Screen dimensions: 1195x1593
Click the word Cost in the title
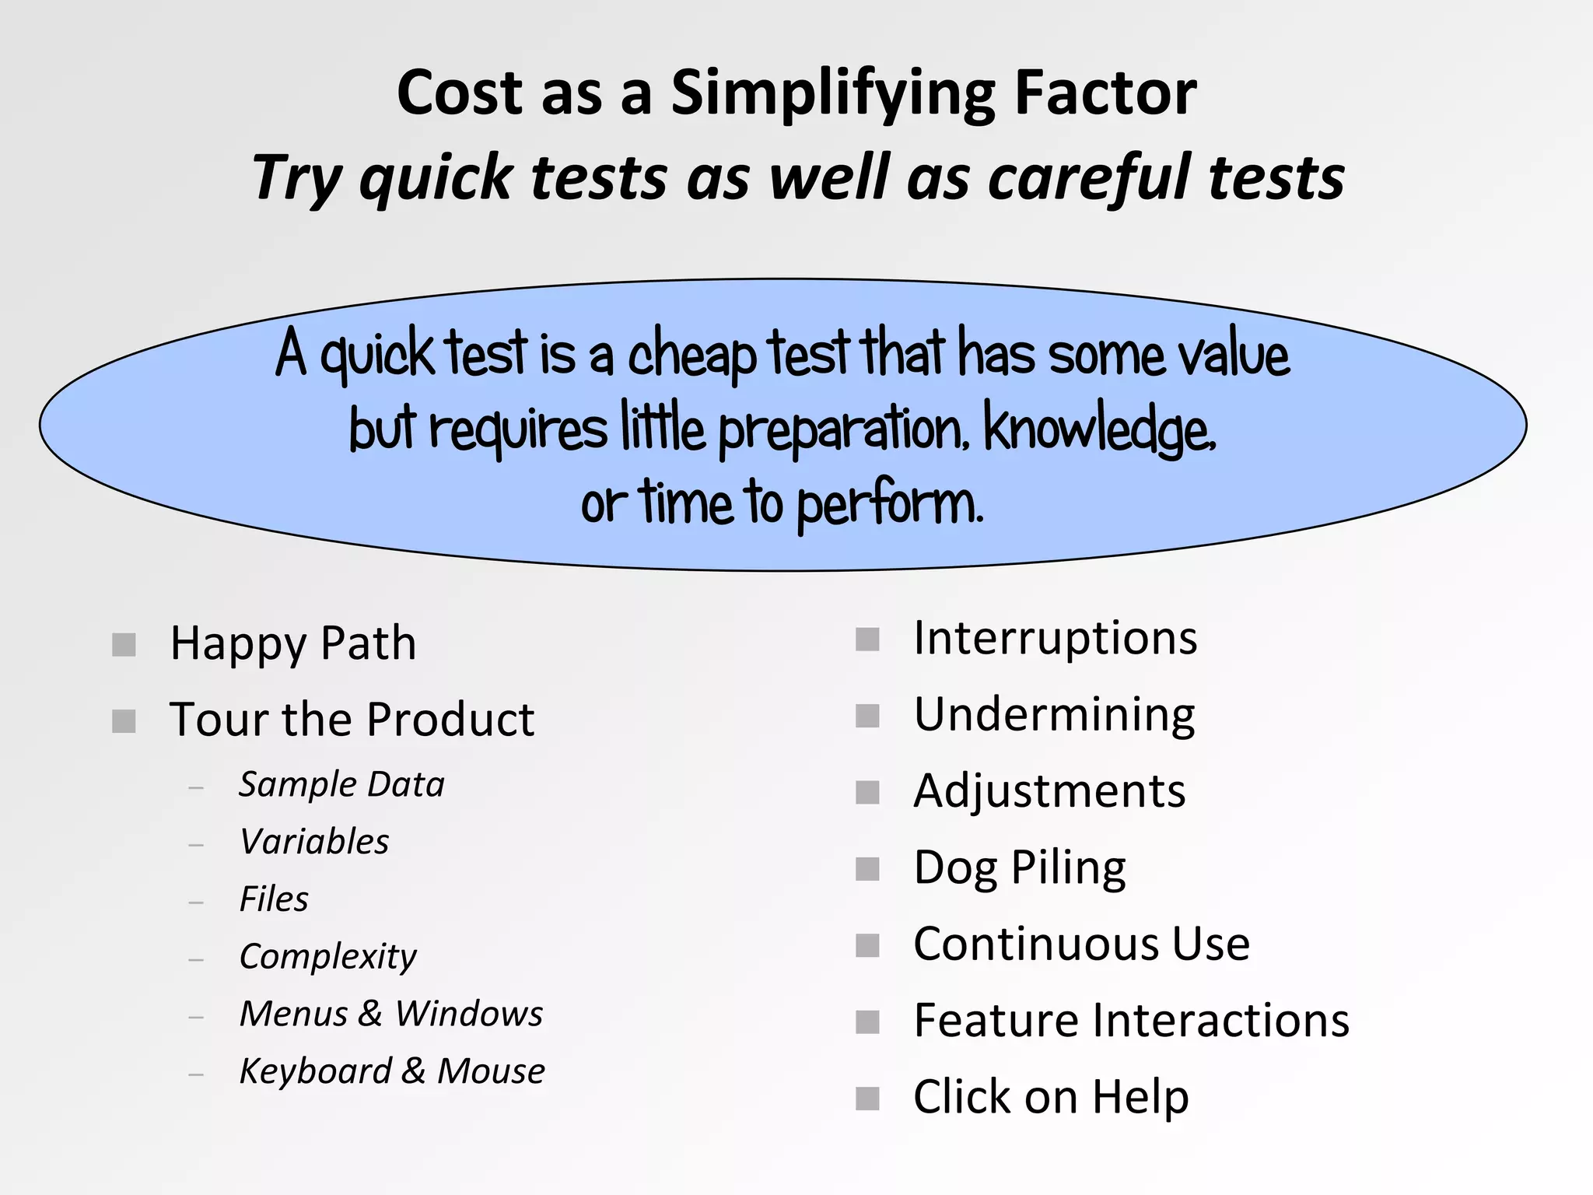[x=460, y=93]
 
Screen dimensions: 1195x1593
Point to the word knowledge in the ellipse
[x=1098, y=429]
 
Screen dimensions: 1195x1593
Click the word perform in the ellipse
[x=890, y=504]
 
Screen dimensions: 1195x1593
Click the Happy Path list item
[x=293, y=644]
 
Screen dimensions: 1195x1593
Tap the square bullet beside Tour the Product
[x=124, y=720]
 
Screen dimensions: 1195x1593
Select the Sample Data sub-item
[x=341, y=784]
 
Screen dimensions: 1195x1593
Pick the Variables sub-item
[x=314, y=842]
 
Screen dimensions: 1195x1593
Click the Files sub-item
[x=274, y=899]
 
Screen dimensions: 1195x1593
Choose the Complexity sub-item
[x=327, y=957]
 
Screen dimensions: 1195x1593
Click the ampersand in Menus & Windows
[x=370, y=1014]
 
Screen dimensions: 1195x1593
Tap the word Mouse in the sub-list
[x=491, y=1071]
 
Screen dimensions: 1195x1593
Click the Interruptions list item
[x=1055, y=639]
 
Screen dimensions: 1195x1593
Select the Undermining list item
[x=1054, y=715]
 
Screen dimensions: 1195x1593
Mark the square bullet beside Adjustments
[x=867, y=793]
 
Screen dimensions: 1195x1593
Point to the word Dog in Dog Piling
[x=955, y=868]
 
